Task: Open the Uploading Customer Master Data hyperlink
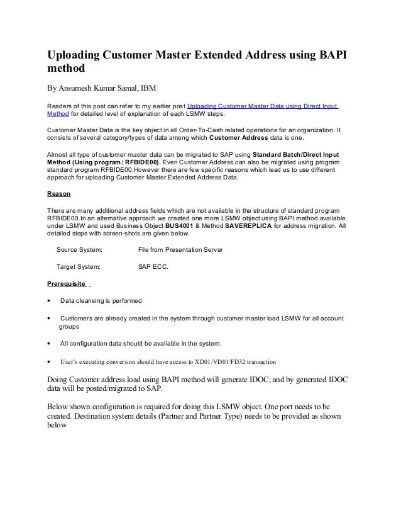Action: tap(263, 106)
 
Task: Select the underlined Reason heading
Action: tap(59, 193)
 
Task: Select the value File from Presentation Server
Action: tap(180, 250)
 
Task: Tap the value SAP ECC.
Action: tap(153, 266)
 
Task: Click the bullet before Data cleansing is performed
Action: tap(49, 300)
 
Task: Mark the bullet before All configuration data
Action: tap(49, 344)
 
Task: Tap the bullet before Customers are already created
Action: tap(49, 319)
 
